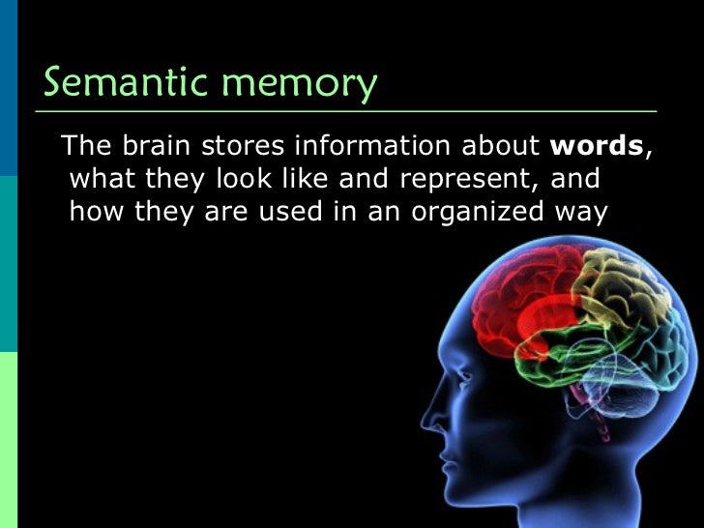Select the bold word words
[597, 147]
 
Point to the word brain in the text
[159, 147]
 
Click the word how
[93, 212]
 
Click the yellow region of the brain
[619, 290]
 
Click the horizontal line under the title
[348, 111]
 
